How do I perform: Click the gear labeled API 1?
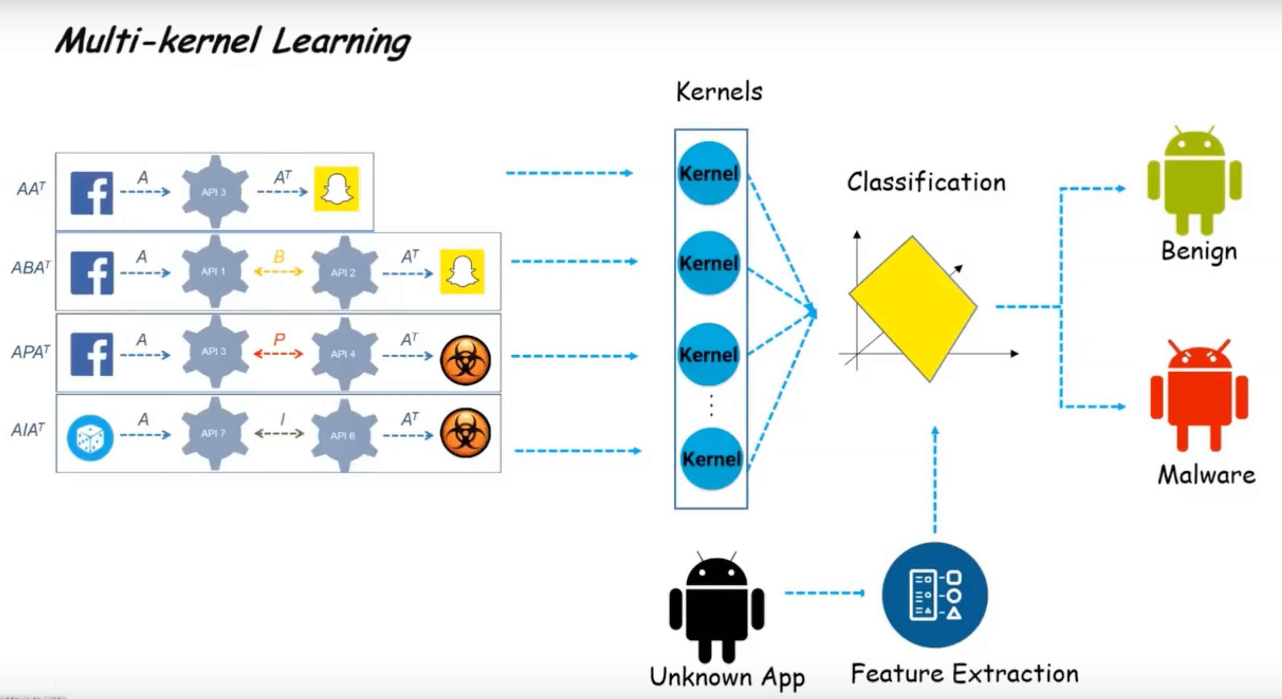tap(214, 271)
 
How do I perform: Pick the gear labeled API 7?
tap(214, 433)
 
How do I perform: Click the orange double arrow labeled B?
tap(279, 271)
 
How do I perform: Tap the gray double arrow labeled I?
tap(279, 433)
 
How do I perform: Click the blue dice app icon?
tap(91, 438)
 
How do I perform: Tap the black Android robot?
tap(717, 607)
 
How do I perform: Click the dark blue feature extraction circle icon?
tap(935, 595)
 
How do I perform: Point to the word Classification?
tap(926, 182)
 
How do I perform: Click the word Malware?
tap(1206, 475)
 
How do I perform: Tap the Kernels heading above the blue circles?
tap(719, 92)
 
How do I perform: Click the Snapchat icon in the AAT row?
tap(336, 189)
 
